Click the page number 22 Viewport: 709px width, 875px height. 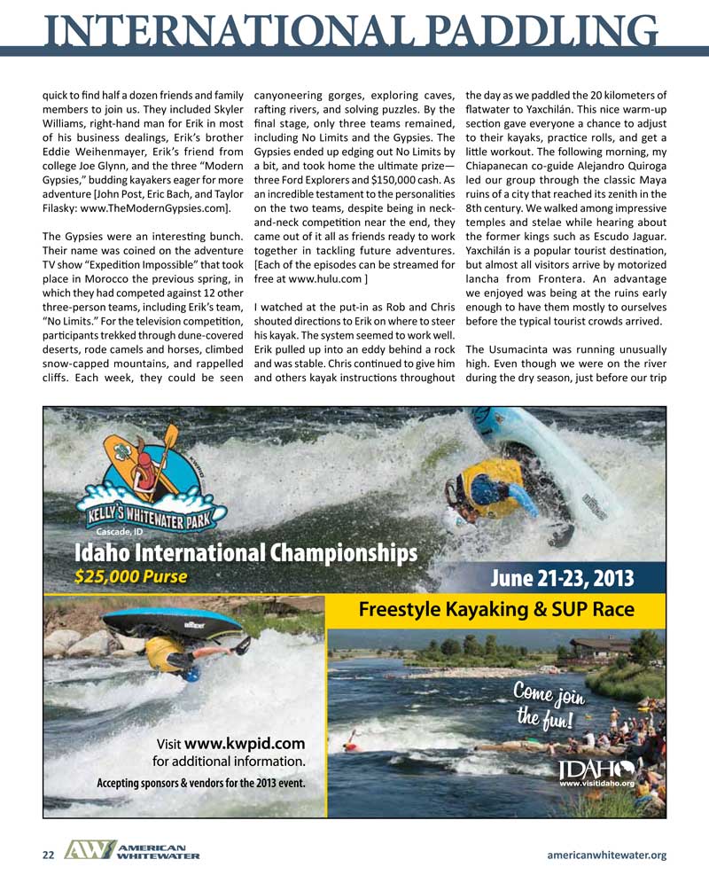(49, 855)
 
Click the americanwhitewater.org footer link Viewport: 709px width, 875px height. (607, 855)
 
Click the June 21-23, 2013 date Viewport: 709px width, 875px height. (563, 579)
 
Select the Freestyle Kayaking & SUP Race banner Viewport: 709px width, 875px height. (496, 609)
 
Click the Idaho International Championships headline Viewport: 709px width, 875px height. (245, 552)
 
